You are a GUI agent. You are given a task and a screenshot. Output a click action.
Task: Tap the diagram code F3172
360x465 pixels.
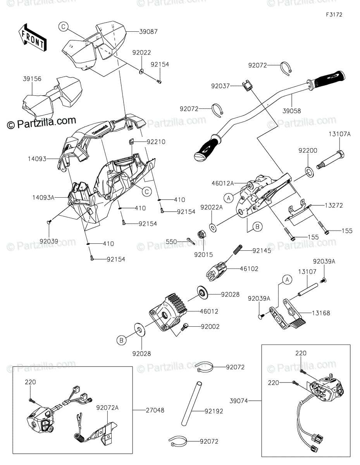pyautogui.click(x=334, y=15)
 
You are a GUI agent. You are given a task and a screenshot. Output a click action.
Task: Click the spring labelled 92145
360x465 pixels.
pyautogui.click(x=237, y=250)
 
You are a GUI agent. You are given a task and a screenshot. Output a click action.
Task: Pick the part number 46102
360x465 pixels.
pyautogui.click(x=250, y=268)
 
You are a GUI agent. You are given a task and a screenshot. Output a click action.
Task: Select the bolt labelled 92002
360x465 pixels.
pyautogui.click(x=185, y=327)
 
